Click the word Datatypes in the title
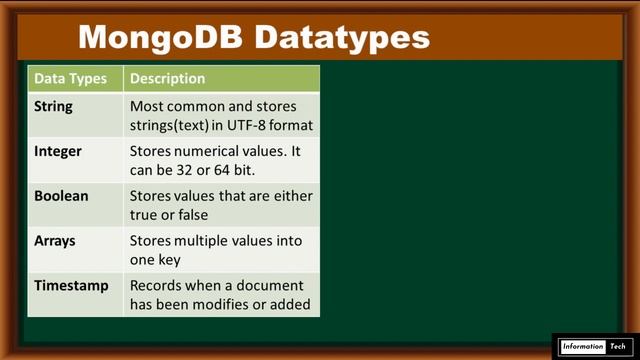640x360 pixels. pos(341,37)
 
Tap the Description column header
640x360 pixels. pos(167,78)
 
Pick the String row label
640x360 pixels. pos(53,106)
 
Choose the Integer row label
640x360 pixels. pos(58,151)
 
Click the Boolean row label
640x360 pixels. pos(61,196)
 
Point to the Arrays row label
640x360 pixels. pos(55,241)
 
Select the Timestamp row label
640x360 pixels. pos(71,285)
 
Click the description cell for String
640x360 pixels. pos(221,115)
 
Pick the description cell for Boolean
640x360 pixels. pos(221,205)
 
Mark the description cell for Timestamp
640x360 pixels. pos(221,294)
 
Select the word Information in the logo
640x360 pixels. pos(583,346)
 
